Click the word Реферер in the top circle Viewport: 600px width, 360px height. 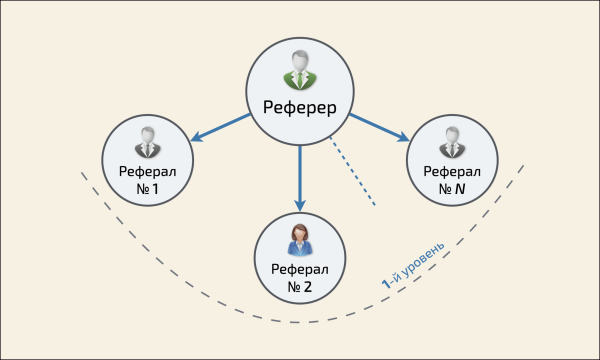[300, 108]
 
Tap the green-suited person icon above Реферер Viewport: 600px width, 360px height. [300, 70]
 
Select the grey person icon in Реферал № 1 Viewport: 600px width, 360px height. [147, 141]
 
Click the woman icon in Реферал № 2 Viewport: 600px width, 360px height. [300, 238]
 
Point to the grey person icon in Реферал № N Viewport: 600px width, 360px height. [452, 141]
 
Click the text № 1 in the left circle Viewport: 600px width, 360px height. [147, 187]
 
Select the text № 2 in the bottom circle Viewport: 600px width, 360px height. [300, 287]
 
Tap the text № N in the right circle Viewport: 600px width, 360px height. [452, 187]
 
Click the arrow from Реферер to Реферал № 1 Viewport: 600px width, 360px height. [222, 128]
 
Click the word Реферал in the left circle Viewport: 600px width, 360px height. [147, 169]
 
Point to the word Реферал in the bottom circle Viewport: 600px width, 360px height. [300, 269]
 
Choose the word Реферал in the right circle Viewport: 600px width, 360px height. [452, 169]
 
